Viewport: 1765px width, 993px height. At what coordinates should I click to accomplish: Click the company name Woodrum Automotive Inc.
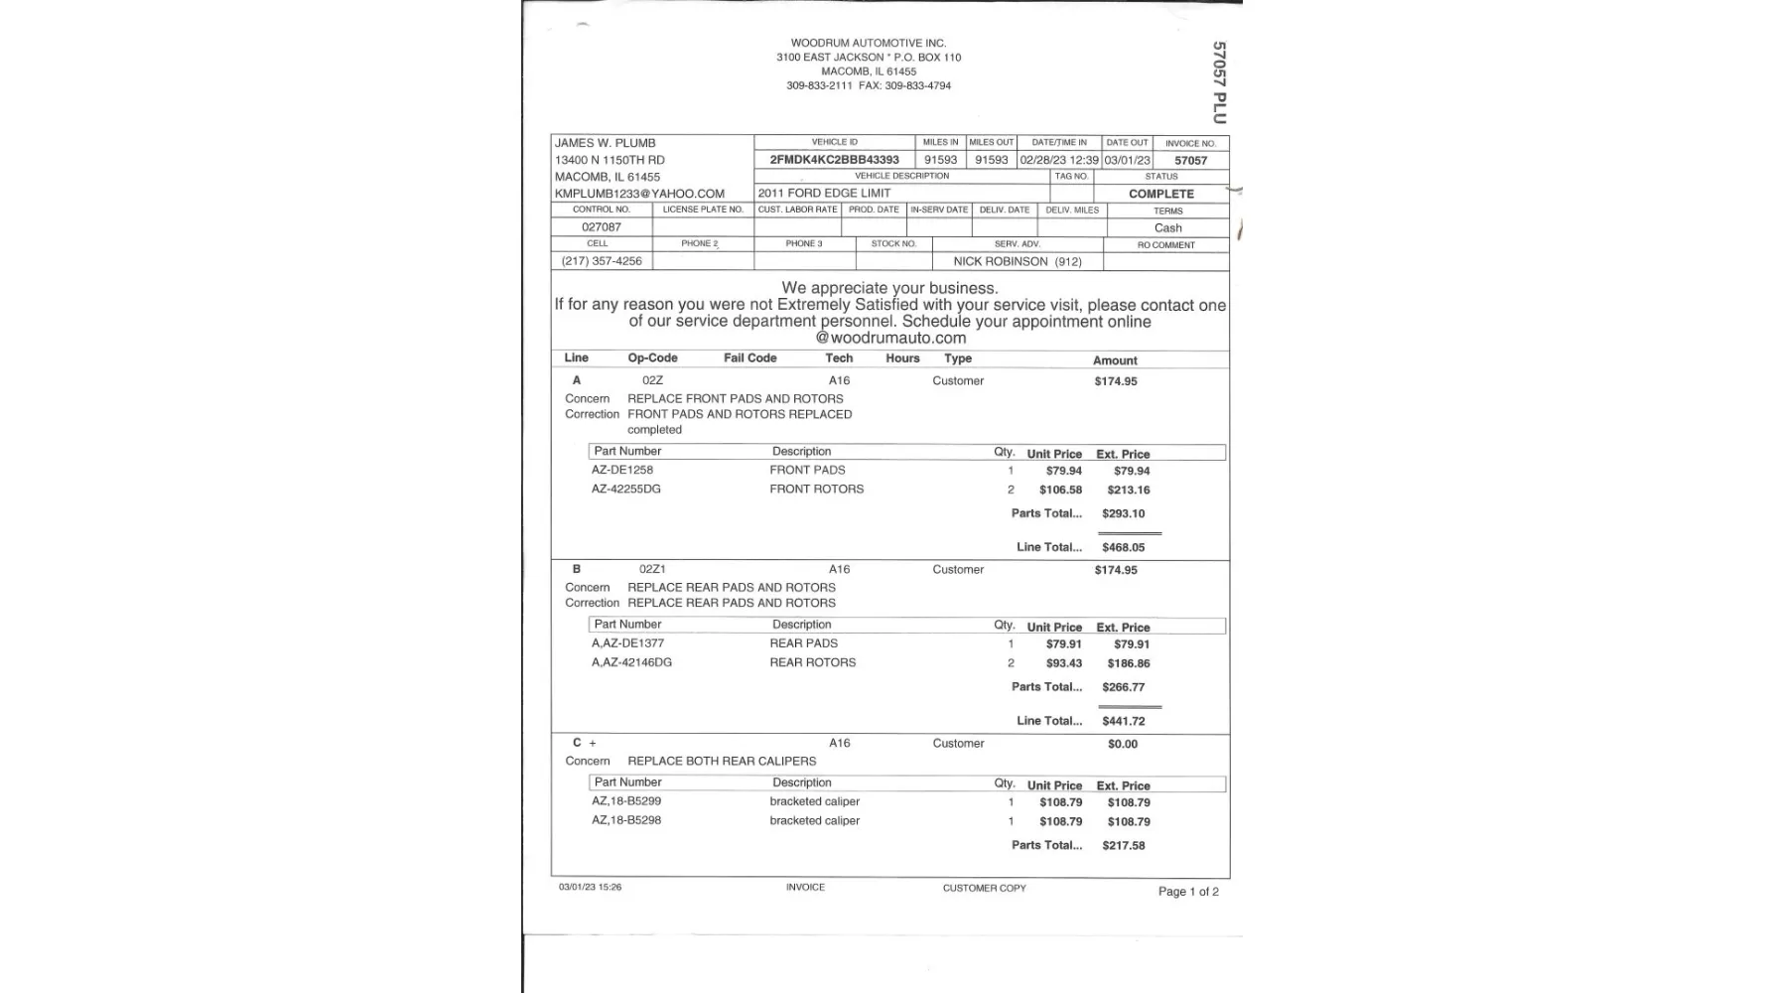pos(868,43)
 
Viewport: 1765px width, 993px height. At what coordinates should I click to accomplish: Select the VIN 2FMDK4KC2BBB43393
pos(834,160)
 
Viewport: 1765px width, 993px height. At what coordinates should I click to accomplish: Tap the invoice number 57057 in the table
pos(1190,161)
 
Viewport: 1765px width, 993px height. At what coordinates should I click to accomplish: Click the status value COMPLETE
pos(1160,194)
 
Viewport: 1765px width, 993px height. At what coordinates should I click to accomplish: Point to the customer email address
pos(639,194)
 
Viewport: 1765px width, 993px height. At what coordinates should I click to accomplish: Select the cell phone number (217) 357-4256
pos(602,261)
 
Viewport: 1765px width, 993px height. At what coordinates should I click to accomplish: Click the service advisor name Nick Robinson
pos(1017,261)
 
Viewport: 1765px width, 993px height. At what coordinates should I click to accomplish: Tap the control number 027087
pos(602,227)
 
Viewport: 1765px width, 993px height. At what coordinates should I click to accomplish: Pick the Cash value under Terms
pos(1167,228)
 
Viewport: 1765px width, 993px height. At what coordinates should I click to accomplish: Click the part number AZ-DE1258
pos(622,470)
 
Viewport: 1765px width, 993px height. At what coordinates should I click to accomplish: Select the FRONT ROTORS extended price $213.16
pos(1129,490)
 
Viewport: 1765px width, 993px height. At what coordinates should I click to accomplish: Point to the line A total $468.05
pos(1123,547)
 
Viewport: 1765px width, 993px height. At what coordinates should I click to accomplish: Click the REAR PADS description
pos(803,643)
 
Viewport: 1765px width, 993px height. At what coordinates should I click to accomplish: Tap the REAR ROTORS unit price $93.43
pos(1063,663)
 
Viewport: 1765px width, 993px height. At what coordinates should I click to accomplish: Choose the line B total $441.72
pos(1123,721)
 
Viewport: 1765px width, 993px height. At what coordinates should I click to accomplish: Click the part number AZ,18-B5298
pos(626,820)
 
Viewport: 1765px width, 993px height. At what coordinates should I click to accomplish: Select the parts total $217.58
pos(1123,846)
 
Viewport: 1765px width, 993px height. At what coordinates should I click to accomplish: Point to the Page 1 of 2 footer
pos(1188,892)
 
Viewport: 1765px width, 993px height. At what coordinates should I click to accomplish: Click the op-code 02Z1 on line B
pos(652,569)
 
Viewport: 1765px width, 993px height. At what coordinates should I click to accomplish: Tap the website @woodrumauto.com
pos(890,338)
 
